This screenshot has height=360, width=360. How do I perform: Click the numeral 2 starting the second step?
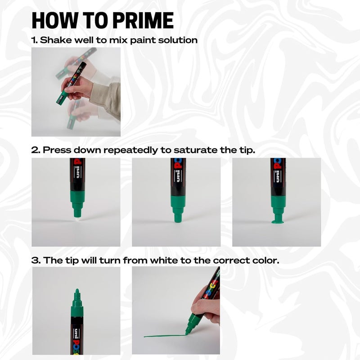point(34,150)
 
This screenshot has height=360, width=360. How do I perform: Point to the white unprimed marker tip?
point(75,217)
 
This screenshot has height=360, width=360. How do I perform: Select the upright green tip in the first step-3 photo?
point(77,295)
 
